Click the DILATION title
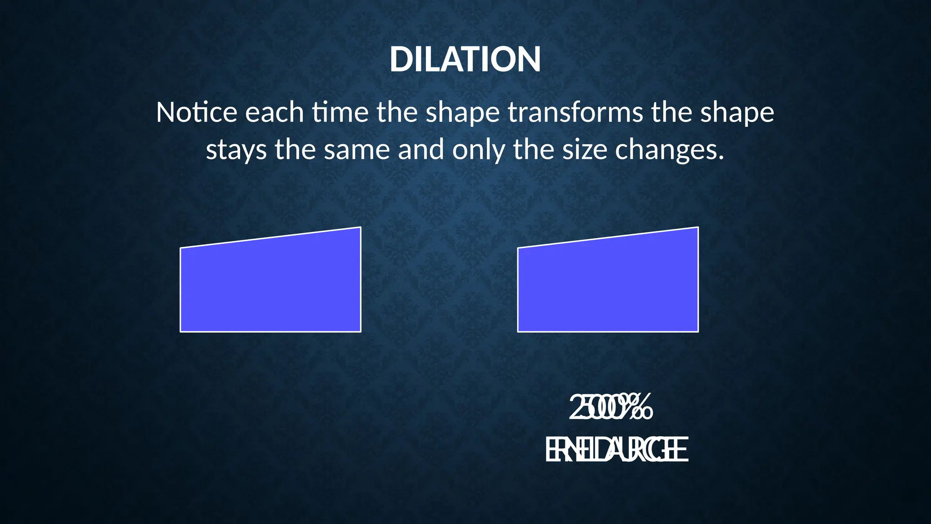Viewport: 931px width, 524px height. coord(465,60)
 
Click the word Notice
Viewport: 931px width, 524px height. coord(196,112)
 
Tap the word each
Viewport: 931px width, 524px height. coord(275,112)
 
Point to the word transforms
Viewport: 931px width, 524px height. coord(575,112)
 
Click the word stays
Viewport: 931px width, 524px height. coord(236,150)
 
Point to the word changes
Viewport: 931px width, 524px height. coord(669,150)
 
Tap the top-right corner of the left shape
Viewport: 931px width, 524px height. coord(360,227)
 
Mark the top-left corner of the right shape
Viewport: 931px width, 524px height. coord(518,248)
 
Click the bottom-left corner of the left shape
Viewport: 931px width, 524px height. coord(181,332)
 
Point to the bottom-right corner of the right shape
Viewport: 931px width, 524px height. coord(698,332)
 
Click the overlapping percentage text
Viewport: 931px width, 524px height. coord(611,408)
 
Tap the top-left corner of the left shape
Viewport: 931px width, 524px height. coord(181,248)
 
